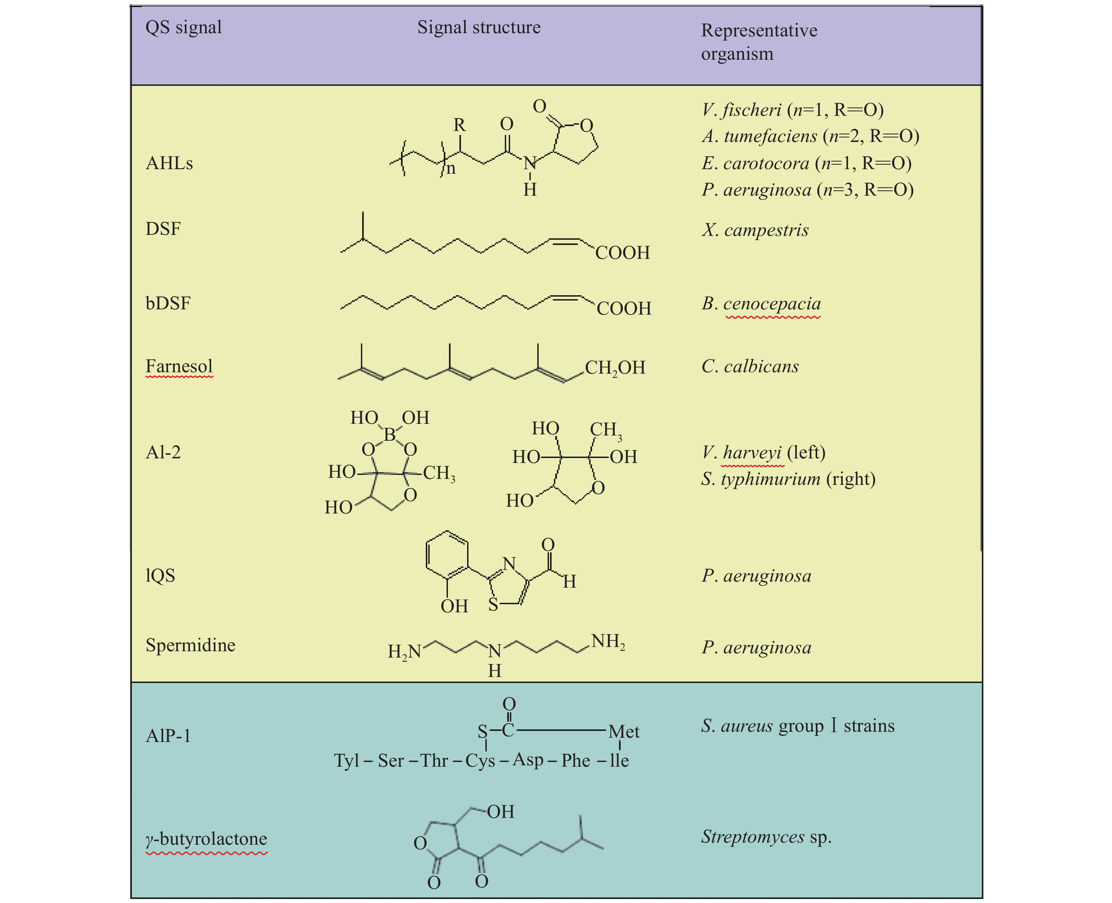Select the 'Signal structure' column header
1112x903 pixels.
pos(478,27)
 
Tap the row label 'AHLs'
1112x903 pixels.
pos(169,163)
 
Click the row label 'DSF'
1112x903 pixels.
pos(163,229)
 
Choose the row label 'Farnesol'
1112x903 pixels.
pos(179,366)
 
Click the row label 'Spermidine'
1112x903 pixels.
pos(190,645)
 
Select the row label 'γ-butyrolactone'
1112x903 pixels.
pos(207,838)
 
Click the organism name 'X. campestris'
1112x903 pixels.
pos(755,230)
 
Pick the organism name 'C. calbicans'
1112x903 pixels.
pos(750,367)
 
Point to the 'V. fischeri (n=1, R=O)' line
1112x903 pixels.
pos(792,110)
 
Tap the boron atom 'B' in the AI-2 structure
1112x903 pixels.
pos(389,434)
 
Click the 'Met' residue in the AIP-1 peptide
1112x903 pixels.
pos(623,732)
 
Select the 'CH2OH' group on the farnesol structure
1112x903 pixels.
pos(615,368)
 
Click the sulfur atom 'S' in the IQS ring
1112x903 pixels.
pos(493,605)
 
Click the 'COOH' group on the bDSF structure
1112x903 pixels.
pos(623,308)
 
